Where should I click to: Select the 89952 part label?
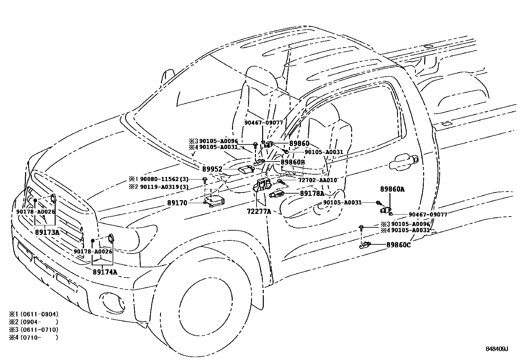[x=212, y=169]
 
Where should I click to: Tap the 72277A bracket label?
[x=259, y=212]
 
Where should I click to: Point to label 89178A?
[x=312, y=194]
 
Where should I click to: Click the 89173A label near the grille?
[x=47, y=232]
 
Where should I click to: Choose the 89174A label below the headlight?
[x=105, y=272]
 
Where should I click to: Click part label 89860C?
[x=398, y=245]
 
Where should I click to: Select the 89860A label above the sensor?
[x=392, y=189]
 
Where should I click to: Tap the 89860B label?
[x=293, y=162]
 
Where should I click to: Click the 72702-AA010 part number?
[x=317, y=180]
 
